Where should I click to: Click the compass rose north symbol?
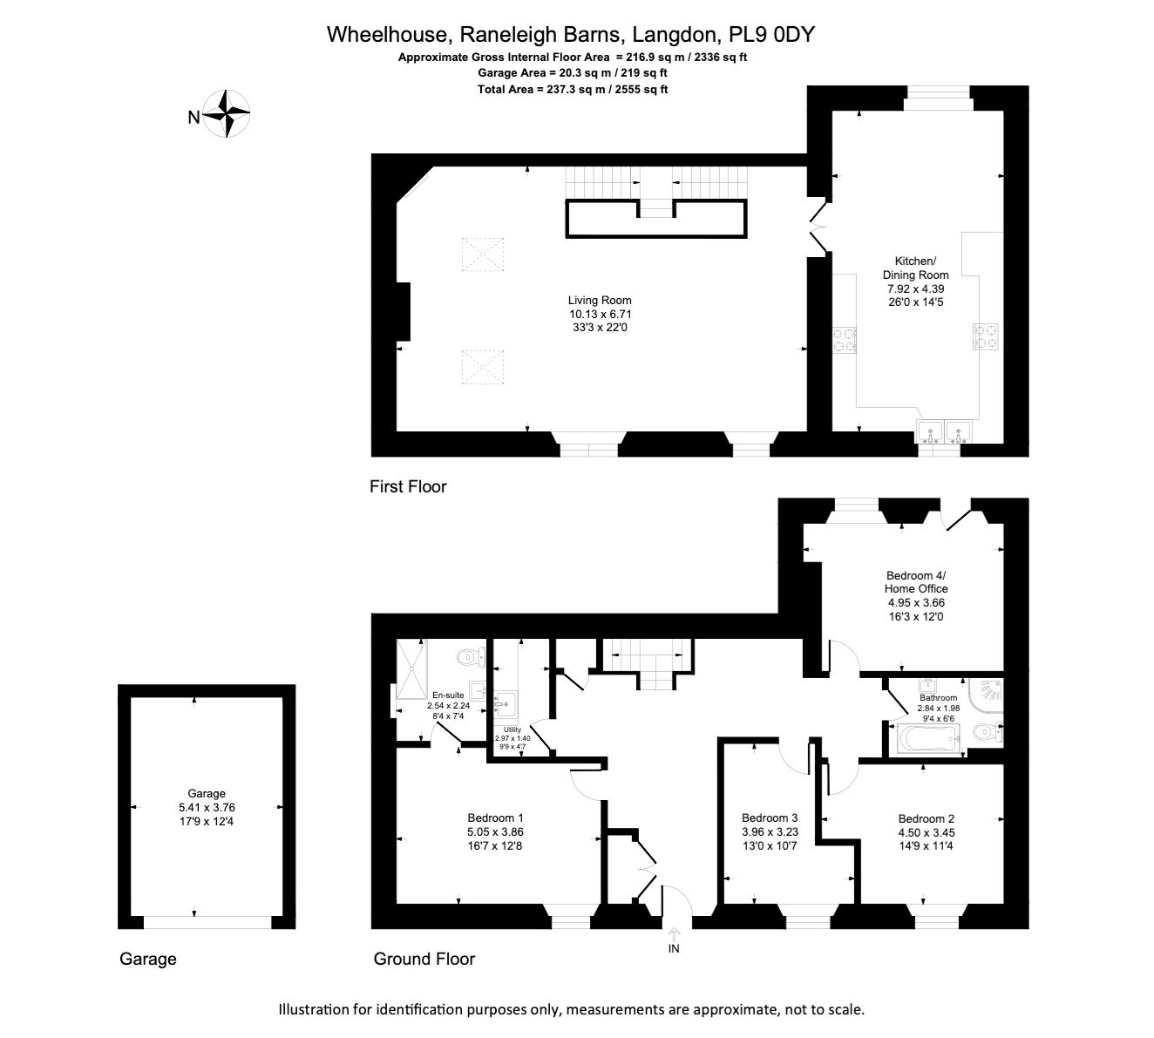tap(226, 113)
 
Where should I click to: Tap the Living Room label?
tap(600, 300)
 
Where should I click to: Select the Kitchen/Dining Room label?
tap(915, 268)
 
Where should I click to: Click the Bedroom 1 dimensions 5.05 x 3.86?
tap(495, 831)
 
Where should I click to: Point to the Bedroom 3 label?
tap(769, 818)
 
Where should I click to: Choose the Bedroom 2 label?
tap(927, 818)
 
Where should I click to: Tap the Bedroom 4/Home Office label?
tap(916, 581)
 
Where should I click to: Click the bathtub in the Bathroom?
tap(928, 738)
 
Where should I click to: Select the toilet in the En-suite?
tap(472, 657)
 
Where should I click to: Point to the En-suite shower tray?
tap(412, 668)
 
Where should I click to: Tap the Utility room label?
tap(512, 729)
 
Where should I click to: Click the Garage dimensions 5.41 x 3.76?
tap(207, 807)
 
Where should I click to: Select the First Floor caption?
tap(408, 487)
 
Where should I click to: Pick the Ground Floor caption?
tap(424, 959)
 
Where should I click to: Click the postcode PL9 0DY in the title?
tap(771, 35)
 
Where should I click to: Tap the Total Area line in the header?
tap(573, 89)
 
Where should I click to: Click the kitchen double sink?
tap(943, 432)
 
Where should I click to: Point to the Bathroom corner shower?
tap(986, 695)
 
